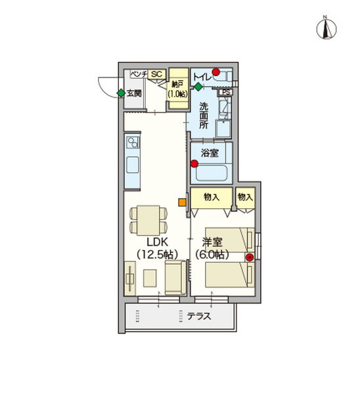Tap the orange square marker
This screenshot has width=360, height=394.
click(x=182, y=202)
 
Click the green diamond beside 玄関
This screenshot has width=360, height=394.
click(x=121, y=93)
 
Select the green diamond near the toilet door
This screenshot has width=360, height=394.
click(x=198, y=87)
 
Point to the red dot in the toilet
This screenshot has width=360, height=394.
click(x=216, y=72)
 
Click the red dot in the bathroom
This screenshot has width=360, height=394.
click(x=194, y=164)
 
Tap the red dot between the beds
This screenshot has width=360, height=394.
click(x=250, y=257)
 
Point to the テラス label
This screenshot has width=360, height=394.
click(x=199, y=316)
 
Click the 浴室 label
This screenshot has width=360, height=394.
click(x=210, y=153)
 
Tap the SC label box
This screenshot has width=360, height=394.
click(x=157, y=74)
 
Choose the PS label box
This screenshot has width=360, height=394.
click(x=226, y=92)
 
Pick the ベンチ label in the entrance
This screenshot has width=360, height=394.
click(x=139, y=74)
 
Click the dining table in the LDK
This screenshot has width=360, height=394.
click(x=148, y=221)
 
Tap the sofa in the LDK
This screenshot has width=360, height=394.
click(x=175, y=277)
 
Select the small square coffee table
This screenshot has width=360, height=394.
click(x=150, y=278)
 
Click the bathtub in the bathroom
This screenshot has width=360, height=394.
click(x=212, y=173)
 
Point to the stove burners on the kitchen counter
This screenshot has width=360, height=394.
click(x=132, y=142)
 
